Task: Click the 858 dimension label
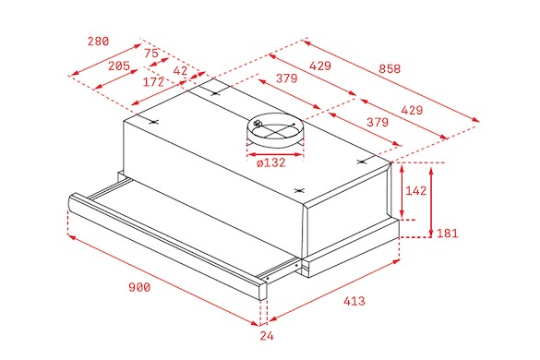[390, 69]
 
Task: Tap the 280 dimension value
[98, 42]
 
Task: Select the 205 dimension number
[119, 66]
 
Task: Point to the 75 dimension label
[151, 54]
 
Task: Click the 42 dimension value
[180, 71]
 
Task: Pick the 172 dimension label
[153, 82]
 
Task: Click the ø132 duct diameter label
[271, 162]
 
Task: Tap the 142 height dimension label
[416, 190]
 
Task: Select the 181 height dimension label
[448, 234]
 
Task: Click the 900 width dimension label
[139, 287]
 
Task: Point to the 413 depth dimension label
[354, 301]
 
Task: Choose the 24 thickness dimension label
[267, 336]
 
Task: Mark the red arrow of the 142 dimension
[402, 191]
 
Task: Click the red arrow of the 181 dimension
[431, 202]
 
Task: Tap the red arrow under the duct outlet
[275, 155]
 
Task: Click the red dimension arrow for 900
[163, 281]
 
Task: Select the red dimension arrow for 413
[334, 291]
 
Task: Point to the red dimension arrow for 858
[390, 81]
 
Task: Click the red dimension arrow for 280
[105, 59]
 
